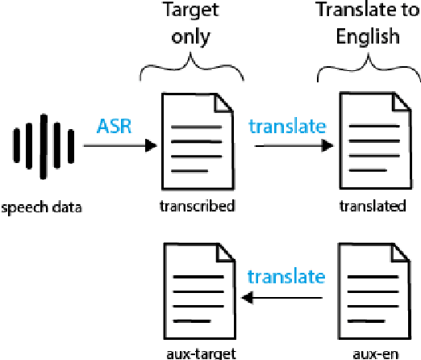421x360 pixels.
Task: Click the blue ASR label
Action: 116,126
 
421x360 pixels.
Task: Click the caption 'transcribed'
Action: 198,206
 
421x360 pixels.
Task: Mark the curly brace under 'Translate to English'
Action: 369,69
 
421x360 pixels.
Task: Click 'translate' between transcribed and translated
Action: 287,126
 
